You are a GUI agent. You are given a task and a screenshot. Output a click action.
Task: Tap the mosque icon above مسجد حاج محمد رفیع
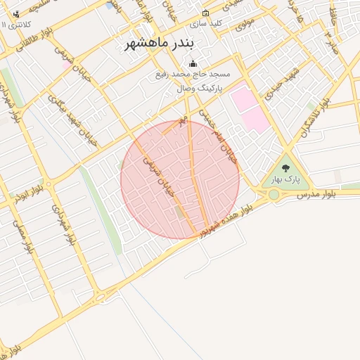coord(193,64)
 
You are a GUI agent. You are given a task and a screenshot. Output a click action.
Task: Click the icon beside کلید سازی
coord(205,13)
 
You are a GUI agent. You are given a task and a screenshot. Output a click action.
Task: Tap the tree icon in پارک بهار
coord(285,168)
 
